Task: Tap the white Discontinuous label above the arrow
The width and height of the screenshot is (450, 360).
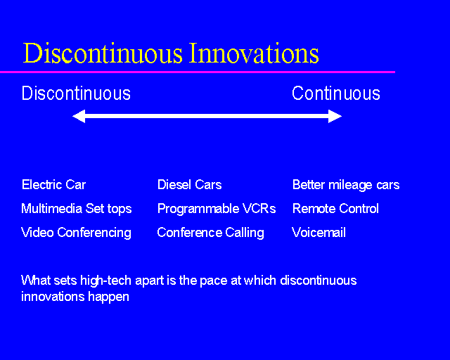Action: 76,94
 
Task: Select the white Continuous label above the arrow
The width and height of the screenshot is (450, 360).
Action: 336,94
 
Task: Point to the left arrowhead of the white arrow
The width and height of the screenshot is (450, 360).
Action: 78,117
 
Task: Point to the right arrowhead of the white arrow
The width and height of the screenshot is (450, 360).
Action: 335,117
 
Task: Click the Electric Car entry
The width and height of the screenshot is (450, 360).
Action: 53,185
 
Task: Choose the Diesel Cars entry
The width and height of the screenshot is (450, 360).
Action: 189,185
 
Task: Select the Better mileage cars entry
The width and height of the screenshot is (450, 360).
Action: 345,185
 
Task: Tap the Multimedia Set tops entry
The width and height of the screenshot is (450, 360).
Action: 76,209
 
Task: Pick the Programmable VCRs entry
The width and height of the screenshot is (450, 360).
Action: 217,209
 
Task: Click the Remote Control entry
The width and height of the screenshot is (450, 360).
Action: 335,209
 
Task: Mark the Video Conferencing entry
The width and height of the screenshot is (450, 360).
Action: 76,233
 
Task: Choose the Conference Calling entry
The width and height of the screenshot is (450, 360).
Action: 210,233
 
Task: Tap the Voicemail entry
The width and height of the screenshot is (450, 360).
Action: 319,233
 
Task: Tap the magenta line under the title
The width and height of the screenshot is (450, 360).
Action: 197,72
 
